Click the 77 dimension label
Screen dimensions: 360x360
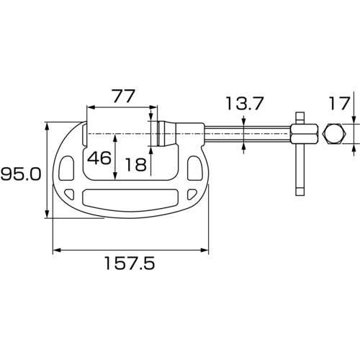point(124,96)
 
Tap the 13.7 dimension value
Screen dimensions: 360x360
point(245,104)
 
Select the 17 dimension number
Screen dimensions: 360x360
point(339,104)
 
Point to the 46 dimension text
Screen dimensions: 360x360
point(99,158)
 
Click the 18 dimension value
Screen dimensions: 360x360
point(136,165)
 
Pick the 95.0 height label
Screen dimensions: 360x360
point(21,174)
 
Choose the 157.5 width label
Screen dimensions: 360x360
point(130,264)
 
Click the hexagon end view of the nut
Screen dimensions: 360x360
point(334,134)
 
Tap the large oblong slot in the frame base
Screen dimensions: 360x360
point(130,197)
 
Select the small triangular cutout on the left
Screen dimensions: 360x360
point(70,194)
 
